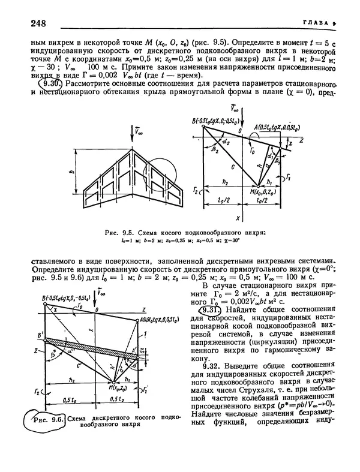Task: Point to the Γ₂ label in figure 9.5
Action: (x=196, y=190)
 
